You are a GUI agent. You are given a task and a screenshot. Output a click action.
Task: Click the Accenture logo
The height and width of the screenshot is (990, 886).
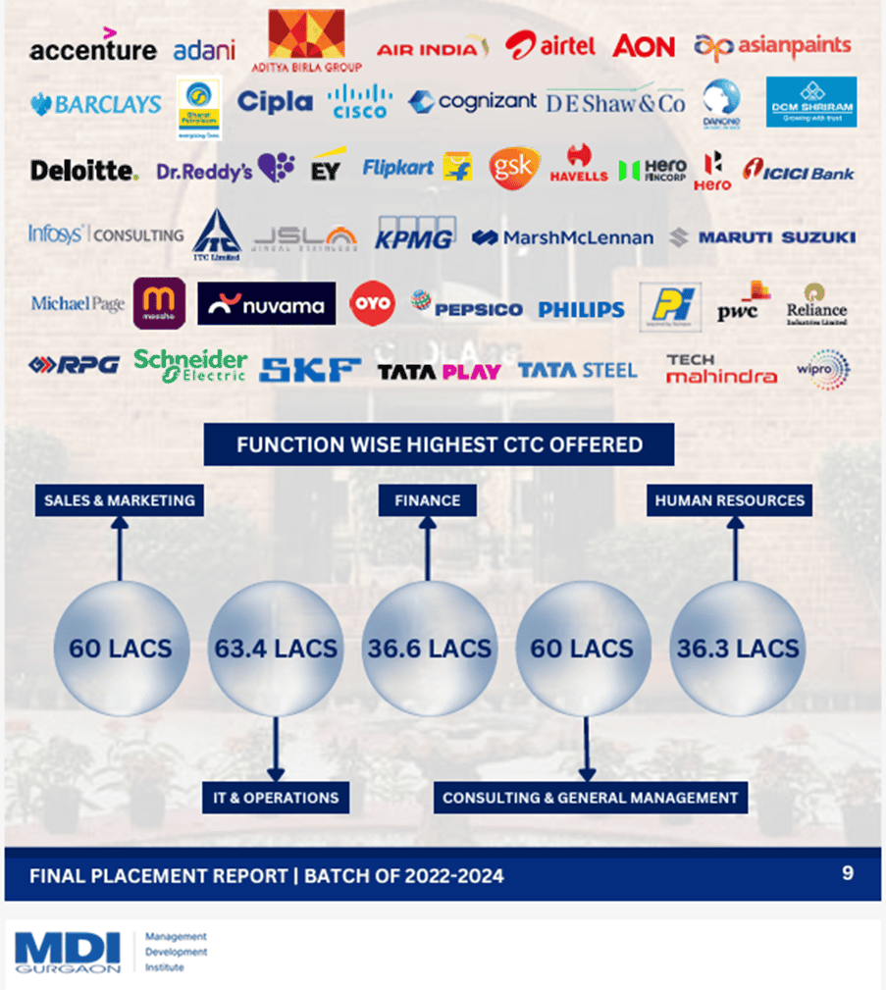point(92,48)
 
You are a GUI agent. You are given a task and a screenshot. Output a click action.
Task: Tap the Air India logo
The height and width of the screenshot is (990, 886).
point(432,47)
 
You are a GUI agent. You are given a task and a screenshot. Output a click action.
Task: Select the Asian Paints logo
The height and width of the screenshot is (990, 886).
point(772,45)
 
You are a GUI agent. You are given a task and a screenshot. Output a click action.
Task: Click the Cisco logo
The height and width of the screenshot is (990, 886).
point(359,101)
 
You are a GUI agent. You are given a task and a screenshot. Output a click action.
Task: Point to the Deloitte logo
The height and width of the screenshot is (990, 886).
point(83,171)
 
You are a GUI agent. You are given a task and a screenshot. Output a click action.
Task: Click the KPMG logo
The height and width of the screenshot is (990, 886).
point(414,236)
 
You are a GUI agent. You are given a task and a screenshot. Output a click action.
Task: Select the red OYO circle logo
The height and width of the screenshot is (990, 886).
point(372,303)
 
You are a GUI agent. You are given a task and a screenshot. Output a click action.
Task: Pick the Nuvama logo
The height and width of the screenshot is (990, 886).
point(266,304)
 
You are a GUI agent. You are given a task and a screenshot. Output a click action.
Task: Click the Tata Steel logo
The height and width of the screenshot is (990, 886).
point(577,370)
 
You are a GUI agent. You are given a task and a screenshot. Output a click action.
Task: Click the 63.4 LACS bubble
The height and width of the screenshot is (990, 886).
point(276,649)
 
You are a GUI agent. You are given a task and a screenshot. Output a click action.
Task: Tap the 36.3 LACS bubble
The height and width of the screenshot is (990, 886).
point(737,649)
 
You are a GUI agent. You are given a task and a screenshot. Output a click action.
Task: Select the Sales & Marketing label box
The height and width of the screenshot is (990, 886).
point(120,500)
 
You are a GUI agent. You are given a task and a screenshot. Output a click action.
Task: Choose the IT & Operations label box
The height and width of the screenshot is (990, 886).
point(276,798)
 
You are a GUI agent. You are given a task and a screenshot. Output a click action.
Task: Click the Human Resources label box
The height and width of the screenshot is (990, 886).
point(729,500)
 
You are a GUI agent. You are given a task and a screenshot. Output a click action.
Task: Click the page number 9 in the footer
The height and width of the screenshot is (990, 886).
point(848,871)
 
